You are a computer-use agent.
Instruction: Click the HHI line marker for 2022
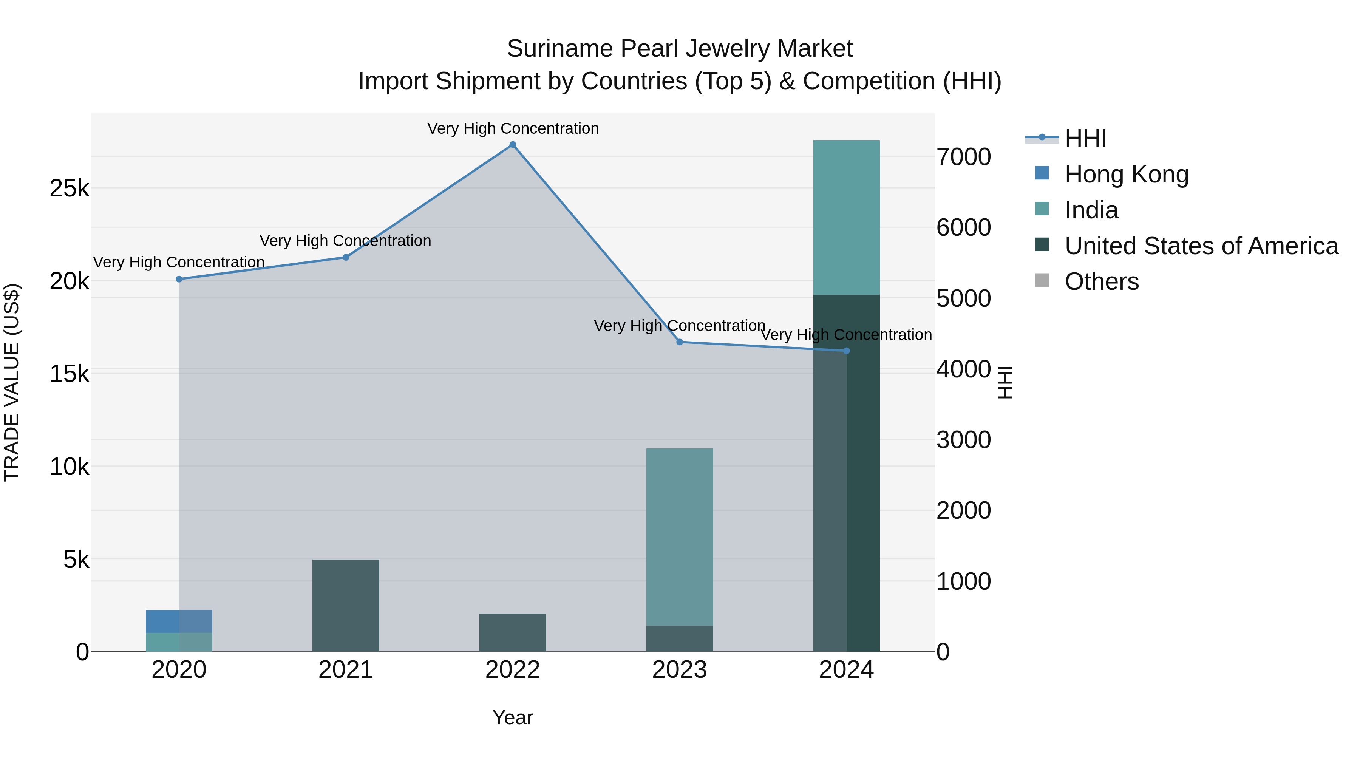(x=513, y=145)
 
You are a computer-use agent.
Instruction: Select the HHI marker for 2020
(x=179, y=279)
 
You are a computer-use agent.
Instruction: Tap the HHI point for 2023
(x=680, y=342)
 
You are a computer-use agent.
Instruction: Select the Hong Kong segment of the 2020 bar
(x=179, y=621)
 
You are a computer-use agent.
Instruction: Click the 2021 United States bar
(x=346, y=606)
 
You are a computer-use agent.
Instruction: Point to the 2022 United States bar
(x=513, y=632)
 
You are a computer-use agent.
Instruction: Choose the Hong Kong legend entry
(x=1126, y=174)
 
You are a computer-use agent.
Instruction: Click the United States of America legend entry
(x=1201, y=246)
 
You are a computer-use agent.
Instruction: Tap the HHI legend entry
(x=1085, y=138)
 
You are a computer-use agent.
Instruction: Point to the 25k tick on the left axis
(x=69, y=189)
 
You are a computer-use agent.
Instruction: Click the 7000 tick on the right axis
(x=963, y=157)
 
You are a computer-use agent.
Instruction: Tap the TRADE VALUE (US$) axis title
(x=12, y=382)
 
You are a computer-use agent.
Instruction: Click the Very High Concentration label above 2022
(x=513, y=129)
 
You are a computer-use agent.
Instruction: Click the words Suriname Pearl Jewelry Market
(x=680, y=49)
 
